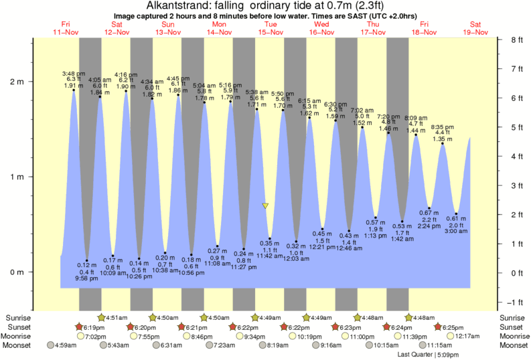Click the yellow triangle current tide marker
266,206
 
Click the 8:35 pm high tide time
442,127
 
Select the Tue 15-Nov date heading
271,27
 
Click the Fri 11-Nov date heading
65,27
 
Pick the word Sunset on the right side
514,327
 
